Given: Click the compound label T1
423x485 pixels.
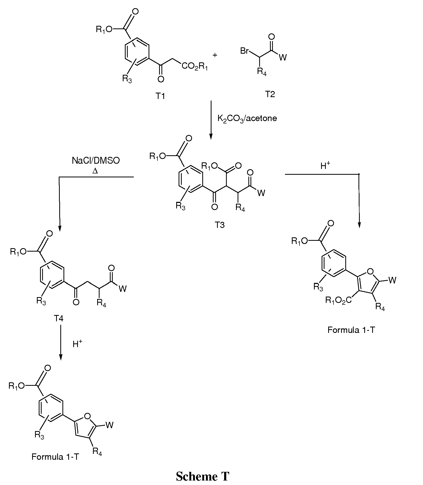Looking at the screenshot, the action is pyautogui.click(x=160, y=96).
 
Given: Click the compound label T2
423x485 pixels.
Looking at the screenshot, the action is pyautogui.click(x=270, y=94).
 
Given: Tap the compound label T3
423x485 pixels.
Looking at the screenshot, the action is pyautogui.click(x=219, y=225).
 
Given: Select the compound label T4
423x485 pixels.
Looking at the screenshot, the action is pyautogui.click(x=58, y=319).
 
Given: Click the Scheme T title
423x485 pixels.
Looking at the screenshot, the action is pyautogui.click(x=203, y=476).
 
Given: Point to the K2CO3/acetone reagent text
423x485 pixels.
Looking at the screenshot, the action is pyautogui.click(x=247, y=119).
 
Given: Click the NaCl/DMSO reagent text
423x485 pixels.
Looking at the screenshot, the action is pyautogui.click(x=96, y=161).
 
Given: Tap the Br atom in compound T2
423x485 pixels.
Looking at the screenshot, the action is pyautogui.click(x=245, y=51).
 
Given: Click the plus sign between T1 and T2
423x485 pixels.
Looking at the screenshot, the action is pyautogui.click(x=215, y=55).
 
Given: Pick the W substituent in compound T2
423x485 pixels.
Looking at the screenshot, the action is pyautogui.click(x=283, y=57).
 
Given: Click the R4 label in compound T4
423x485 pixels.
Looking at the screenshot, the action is pyautogui.click(x=101, y=303).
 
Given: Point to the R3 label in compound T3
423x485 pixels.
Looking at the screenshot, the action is pyautogui.click(x=180, y=206).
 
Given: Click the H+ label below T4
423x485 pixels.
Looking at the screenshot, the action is pyautogui.click(x=77, y=343).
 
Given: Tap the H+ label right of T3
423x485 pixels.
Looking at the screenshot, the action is pyautogui.click(x=325, y=166).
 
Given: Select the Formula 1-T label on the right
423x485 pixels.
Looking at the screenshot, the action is pyautogui.click(x=351, y=330).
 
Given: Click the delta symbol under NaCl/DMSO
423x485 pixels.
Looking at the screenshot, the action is pyautogui.click(x=95, y=171).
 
